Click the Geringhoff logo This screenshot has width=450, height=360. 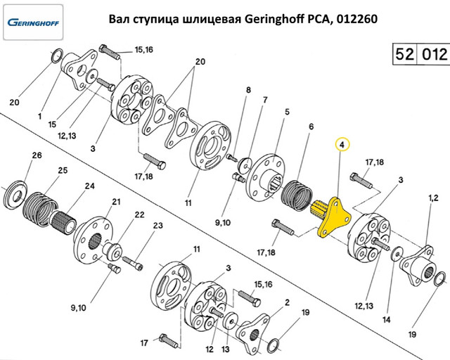[x=33, y=22]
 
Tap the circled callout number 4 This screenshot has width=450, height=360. [x=342, y=145]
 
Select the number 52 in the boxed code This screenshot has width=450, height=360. [x=404, y=54]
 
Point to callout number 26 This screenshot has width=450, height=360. [x=37, y=155]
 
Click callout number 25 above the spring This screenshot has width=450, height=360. [x=63, y=170]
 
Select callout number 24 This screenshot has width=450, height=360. [x=89, y=186]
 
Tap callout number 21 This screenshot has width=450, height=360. [x=116, y=202]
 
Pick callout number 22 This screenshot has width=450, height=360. [x=139, y=214]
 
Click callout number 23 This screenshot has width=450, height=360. [x=157, y=226]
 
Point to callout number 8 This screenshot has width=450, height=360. [x=248, y=90]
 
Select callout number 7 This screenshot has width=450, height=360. [x=265, y=100]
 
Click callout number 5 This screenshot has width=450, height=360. [x=288, y=112]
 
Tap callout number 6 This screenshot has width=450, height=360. [x=311, y=127]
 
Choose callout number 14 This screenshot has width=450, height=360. [x=387, y=319]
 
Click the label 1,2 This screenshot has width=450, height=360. [x=433, y=198]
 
